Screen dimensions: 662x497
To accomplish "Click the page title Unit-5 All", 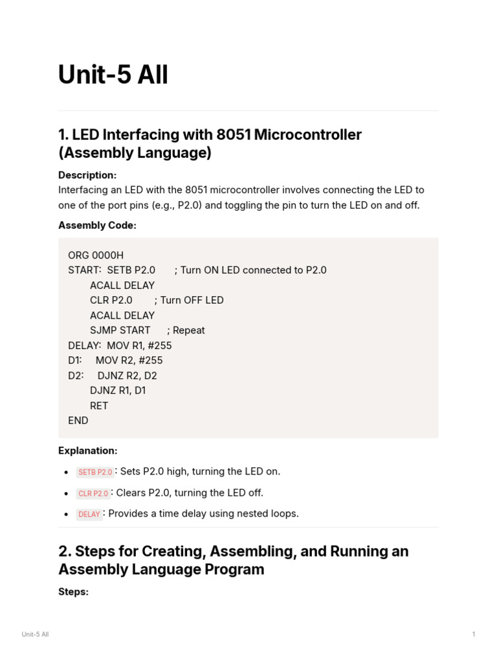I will [x=113, y=75].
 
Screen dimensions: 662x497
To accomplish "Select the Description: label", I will [x=87, y=175].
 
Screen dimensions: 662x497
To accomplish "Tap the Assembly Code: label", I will [x=97, y=225].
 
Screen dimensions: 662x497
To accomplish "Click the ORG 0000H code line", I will [x=96, y=255].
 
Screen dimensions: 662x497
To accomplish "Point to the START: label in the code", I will [x=85, y=270].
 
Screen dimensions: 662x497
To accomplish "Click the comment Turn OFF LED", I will [x=192, y=300].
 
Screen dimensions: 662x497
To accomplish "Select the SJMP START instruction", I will [x=120, y=330].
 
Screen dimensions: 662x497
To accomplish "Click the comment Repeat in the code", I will [x=188, y=330].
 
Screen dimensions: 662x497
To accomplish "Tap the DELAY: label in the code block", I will [x=85, y=345].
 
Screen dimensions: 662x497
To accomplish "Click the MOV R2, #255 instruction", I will [x=129, y=360].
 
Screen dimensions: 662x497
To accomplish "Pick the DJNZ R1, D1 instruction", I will [x=118, y=390].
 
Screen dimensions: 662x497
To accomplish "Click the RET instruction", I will [x=99, y=405].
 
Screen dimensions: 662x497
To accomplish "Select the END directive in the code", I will [x=78, y=421].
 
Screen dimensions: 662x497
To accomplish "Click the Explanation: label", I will [x=87, y=451].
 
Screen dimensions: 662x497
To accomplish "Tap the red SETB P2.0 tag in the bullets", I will [x=95, y=473].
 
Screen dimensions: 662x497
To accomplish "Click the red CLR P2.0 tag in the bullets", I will [x=93, y=494].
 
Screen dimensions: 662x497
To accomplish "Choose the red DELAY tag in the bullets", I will [x=89, y=515].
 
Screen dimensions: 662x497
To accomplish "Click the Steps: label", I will [x=73, y=592].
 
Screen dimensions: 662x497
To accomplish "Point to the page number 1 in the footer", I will [x=474, y=634].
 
